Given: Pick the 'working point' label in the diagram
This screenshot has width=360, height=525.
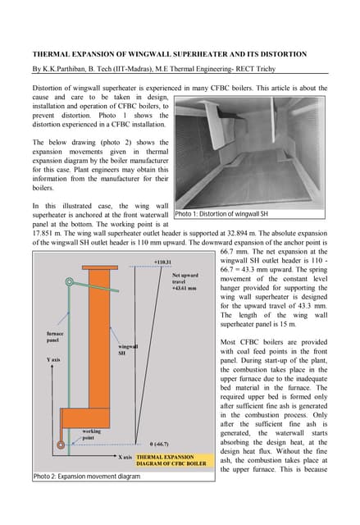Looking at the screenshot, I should tap(93, 434).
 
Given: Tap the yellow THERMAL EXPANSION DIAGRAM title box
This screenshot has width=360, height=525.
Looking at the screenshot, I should tap(171, 460).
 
